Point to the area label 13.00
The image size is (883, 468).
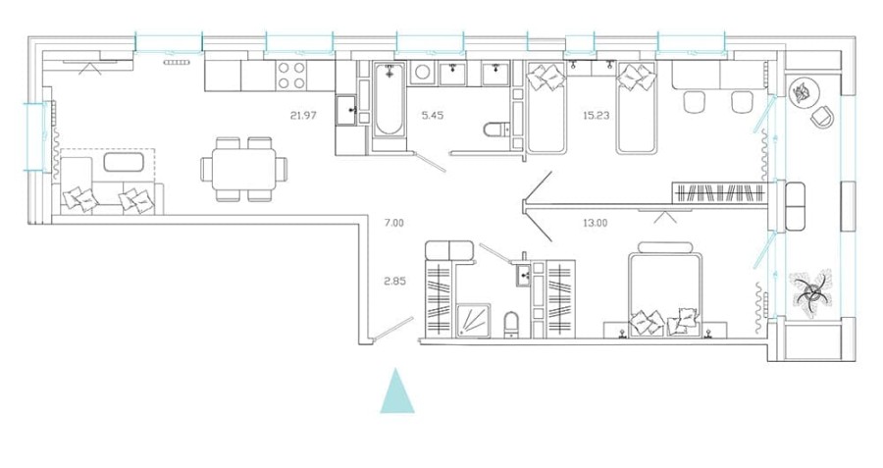coord(595,223)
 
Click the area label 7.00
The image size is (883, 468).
coord(393,224)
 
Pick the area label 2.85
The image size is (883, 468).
coord(393,282)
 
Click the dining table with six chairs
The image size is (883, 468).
coord(241,169)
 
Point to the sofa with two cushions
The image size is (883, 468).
coord(107,197)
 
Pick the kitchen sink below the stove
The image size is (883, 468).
coord(347,110)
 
